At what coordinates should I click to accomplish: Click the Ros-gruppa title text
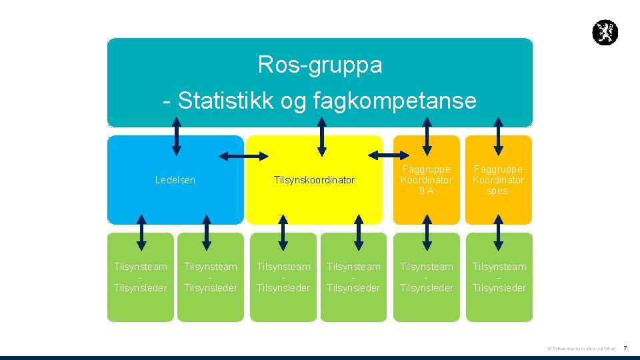[x=320, y=65]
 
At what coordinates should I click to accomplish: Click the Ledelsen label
[x=175, y=180]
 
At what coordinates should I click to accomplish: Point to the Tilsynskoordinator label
[x=314, y=180]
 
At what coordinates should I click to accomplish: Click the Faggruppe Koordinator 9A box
[x=427, y=180]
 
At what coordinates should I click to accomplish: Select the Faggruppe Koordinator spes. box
[x=499, y=180]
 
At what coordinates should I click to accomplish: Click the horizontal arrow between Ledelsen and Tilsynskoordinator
[x=244, y=156]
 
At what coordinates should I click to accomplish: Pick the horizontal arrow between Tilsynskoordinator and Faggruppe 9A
[x=383, y=155]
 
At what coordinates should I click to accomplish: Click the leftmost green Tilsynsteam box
[x=141, y=277]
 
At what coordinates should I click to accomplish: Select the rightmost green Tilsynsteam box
[x=499, y=277]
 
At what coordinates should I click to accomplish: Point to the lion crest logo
[x=605, y=33]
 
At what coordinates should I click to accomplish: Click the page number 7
[x=625, y=348]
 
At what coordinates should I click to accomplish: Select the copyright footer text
[x=581, y=349]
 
